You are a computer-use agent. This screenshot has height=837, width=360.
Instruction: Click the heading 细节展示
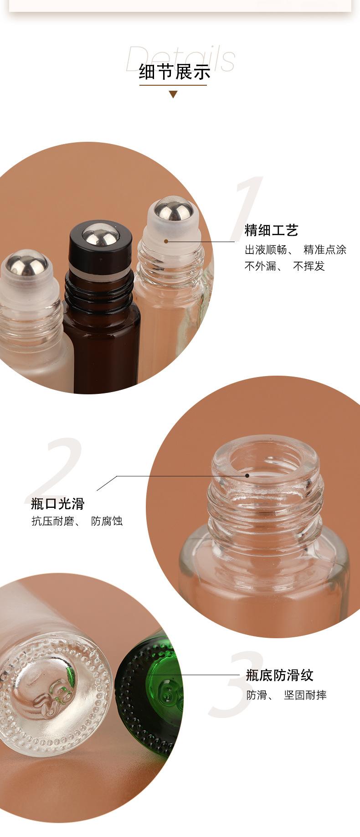point(175,72)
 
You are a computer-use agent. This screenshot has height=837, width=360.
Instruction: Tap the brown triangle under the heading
point(173,95)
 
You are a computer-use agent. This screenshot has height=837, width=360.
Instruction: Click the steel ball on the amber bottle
point(101,236)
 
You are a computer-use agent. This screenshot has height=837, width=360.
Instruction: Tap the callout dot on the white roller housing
point(166,241)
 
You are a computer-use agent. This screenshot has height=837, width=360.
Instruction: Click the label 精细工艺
point(271,231)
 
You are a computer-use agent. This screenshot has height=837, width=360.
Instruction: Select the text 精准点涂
point(325,249)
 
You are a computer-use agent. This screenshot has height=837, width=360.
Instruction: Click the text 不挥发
point(309,266)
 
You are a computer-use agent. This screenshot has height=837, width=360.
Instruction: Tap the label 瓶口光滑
point(58,504)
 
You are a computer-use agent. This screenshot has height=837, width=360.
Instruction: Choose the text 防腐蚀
point(107,521)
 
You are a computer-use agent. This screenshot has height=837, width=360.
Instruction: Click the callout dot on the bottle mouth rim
point(247,475)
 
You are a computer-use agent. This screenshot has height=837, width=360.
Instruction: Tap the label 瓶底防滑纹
point(280,675)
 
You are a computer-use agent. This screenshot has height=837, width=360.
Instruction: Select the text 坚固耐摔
point(305,695)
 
